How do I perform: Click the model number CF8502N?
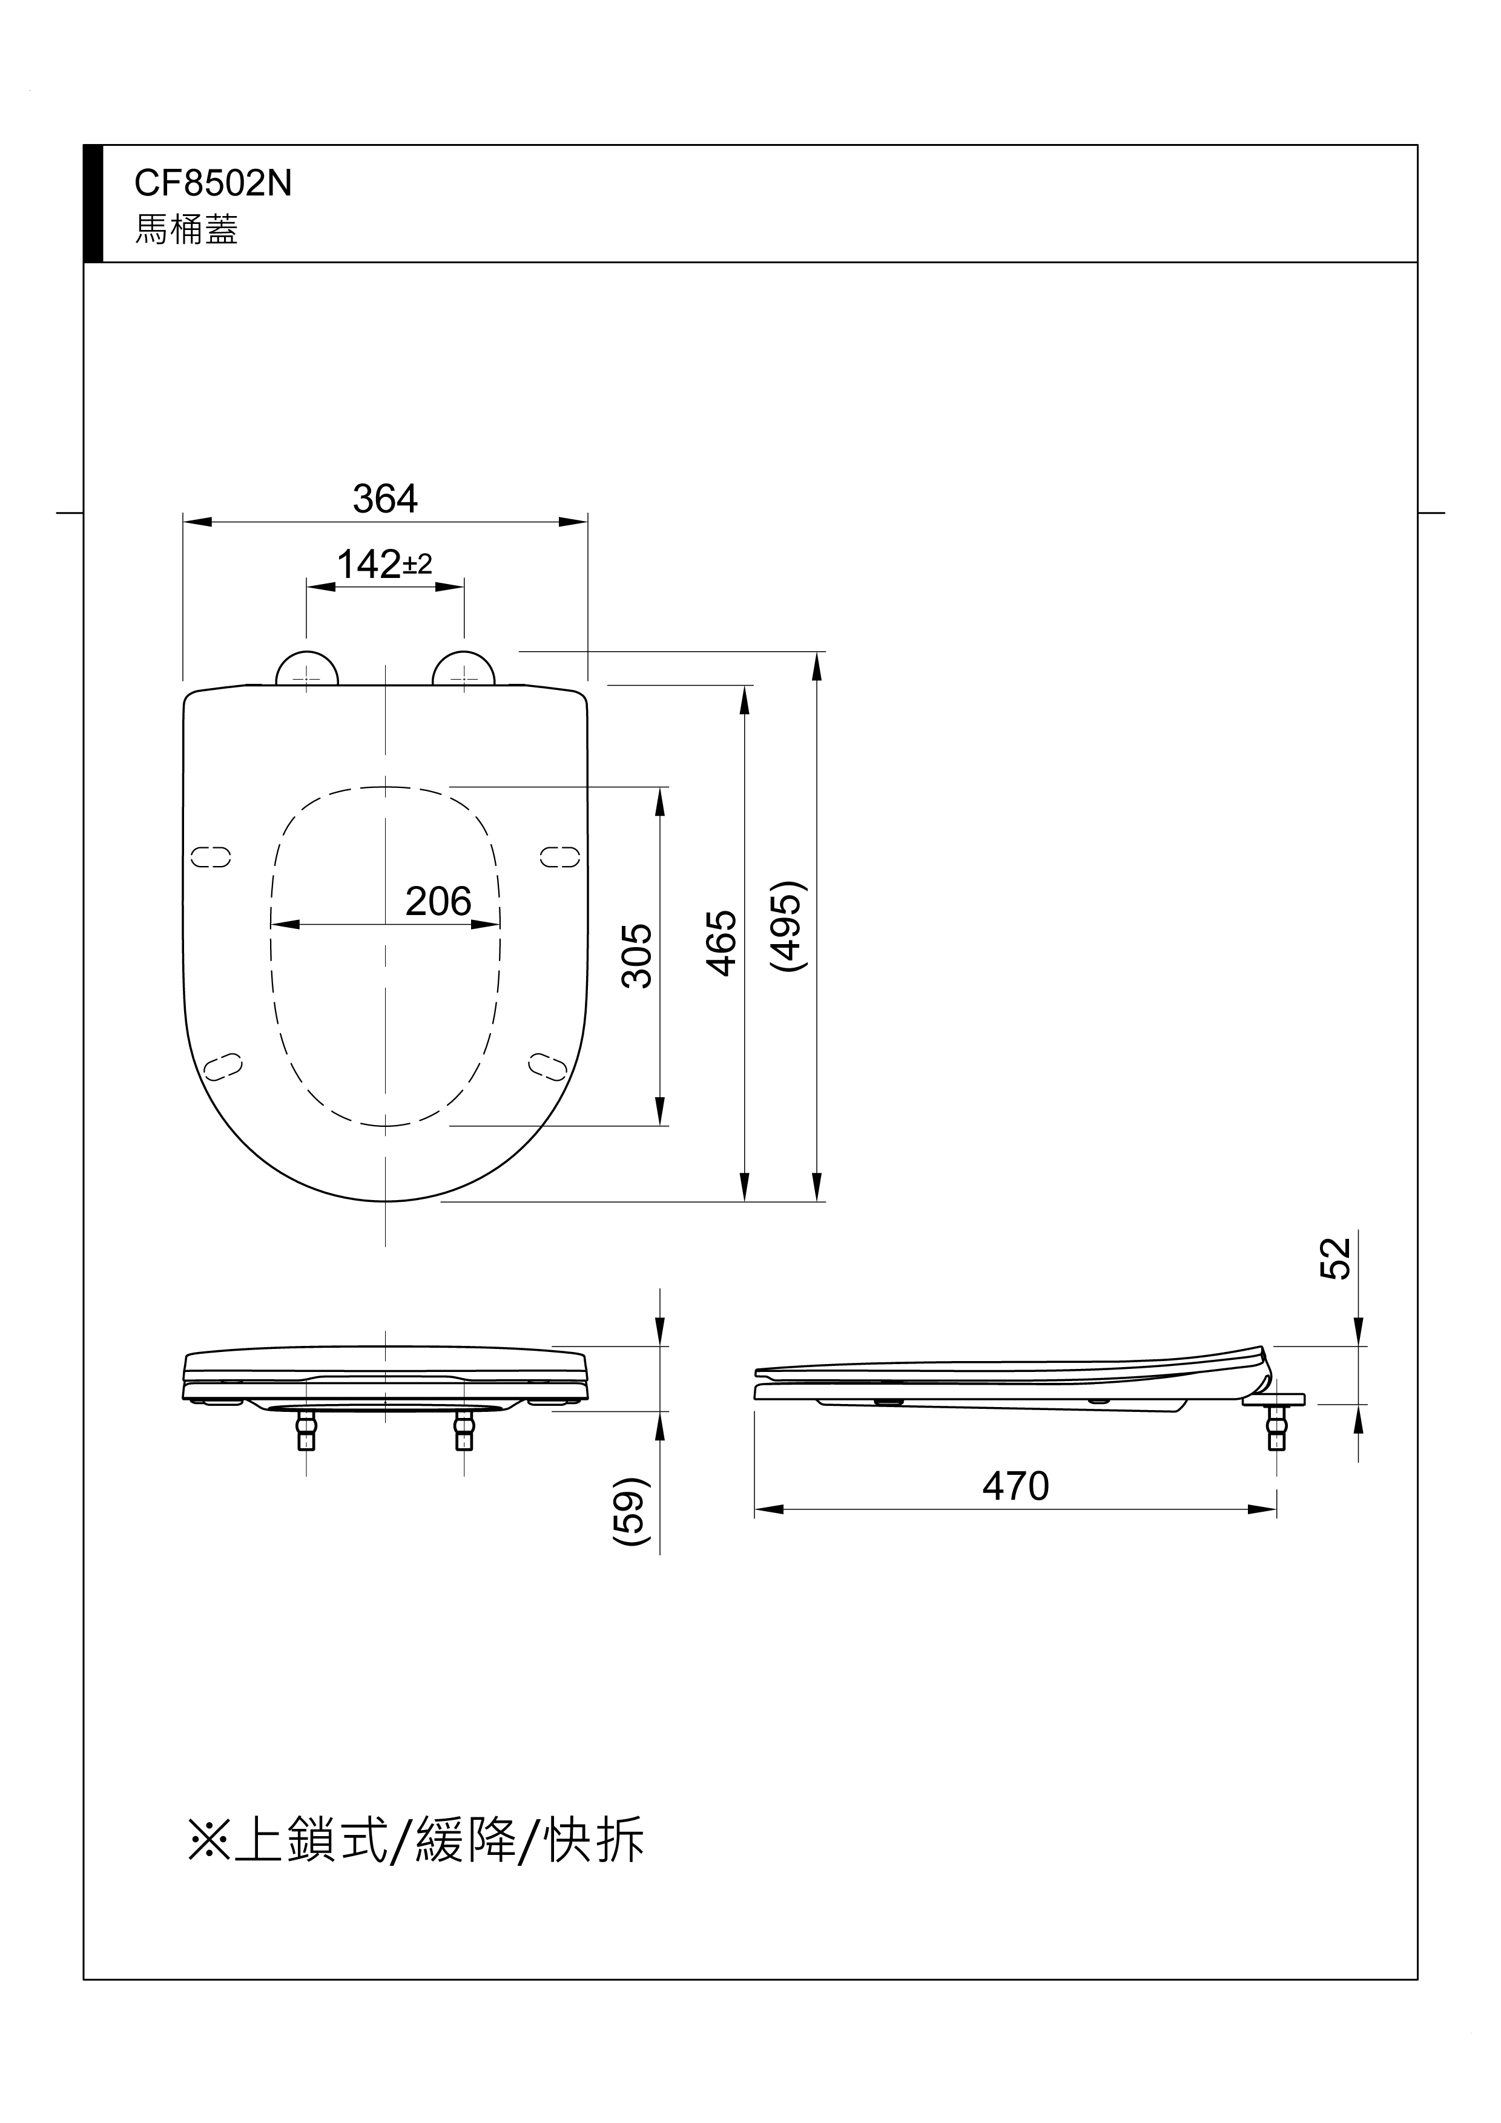click(213, 183)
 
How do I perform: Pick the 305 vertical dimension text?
click(637, 956)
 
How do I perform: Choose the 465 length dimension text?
click(721, 943)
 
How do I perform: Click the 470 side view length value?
click(1015, 1487)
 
